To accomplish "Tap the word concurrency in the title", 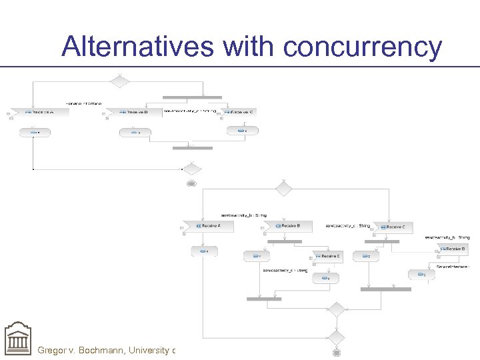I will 363,47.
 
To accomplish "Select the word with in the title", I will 249,47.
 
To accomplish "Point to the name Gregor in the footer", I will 56,349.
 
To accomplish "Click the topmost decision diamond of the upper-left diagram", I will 119,81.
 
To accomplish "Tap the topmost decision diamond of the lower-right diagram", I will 284,189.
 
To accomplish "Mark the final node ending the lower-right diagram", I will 337,351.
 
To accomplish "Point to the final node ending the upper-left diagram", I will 192,183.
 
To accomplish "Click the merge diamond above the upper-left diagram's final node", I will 192,169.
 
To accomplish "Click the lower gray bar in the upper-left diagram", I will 192,148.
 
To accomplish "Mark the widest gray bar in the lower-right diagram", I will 386,289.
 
